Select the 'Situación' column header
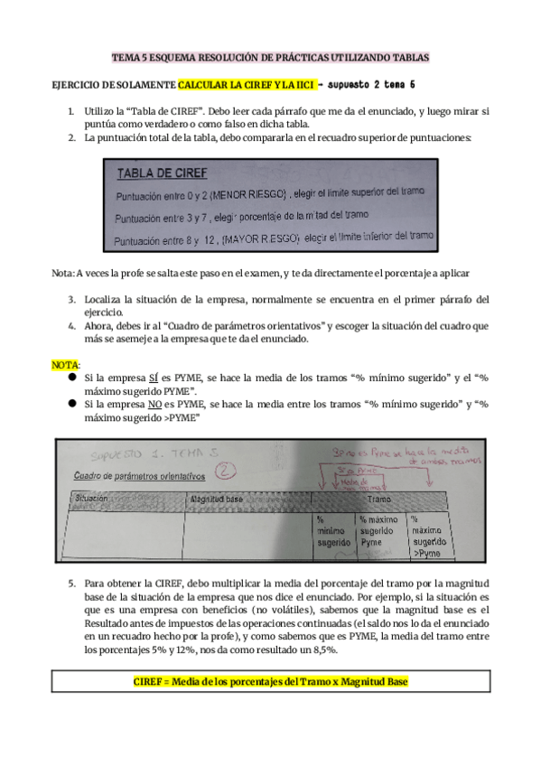[93, 499]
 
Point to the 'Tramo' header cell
[378, 499]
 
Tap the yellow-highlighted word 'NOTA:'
[65, 364]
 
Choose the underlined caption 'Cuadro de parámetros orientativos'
[138, 476]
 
